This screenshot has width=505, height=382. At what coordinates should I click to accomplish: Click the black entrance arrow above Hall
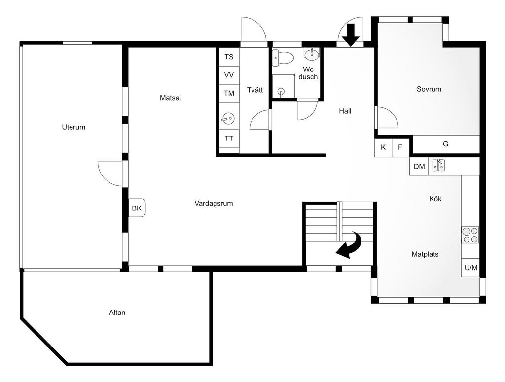[x=351, y=35]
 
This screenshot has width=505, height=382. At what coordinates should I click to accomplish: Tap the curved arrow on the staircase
[x=350, y=245]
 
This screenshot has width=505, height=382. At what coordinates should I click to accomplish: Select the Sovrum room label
[x=429, y=89]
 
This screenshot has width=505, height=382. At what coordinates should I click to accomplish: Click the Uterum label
[x=73, y=127]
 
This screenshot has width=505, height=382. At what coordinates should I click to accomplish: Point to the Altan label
[x=117, y=313]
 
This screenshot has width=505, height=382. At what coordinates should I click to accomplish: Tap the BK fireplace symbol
[x=137, y=208]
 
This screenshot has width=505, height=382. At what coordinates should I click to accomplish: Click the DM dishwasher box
[x=419, y=167]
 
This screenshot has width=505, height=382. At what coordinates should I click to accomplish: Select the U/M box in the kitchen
[x=470, y=268]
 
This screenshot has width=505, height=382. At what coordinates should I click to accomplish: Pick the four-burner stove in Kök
[x=470, y=235]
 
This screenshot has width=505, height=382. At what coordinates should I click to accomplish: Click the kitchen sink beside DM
[x=438, y=165]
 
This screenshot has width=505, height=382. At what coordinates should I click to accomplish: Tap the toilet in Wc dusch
[x=283, y=58]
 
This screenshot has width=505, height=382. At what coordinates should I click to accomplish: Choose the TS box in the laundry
[x=229, y=57]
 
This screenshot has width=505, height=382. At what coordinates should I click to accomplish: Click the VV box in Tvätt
[x=229, y=75]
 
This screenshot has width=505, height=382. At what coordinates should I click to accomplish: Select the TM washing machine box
[x=229, y=94]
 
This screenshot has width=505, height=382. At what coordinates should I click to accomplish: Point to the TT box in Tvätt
[x=229, y=139]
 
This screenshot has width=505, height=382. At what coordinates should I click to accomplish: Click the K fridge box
[x=383, y=147]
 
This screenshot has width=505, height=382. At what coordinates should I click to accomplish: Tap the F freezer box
[x=400, y=147]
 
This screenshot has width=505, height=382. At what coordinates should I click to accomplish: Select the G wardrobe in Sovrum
[x=446, y=144]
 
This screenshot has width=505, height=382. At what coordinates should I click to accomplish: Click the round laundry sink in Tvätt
[x=228, y=119]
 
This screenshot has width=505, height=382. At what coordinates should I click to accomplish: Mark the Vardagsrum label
[x=214, y=204]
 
